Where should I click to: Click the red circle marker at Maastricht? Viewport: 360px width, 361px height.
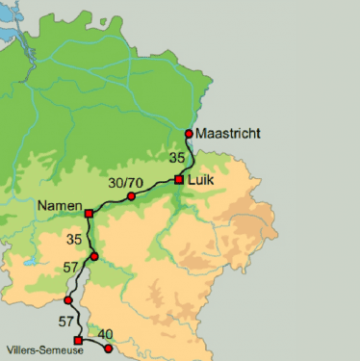coord(189,134)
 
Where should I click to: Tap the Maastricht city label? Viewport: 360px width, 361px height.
coord(228,134)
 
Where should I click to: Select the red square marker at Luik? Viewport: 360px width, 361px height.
coord(179,179)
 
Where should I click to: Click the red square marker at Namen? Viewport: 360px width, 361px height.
coord(89,213)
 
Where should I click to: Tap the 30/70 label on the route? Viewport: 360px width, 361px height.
coord(127,182)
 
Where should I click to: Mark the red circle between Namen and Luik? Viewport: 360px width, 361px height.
coord(131,196)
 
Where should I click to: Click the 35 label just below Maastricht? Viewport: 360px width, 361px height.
coord(176,157)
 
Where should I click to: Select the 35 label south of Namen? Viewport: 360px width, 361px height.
coord(77,237)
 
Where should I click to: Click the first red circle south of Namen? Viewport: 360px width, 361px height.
coord(93,256)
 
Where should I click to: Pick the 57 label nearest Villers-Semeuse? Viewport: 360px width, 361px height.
coord(65,320)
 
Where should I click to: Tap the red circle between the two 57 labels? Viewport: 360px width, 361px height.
coord(68,300)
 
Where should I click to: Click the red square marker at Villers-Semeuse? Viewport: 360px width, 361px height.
coord(78,340)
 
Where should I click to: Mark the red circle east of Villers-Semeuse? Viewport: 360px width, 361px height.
coord(108,348)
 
